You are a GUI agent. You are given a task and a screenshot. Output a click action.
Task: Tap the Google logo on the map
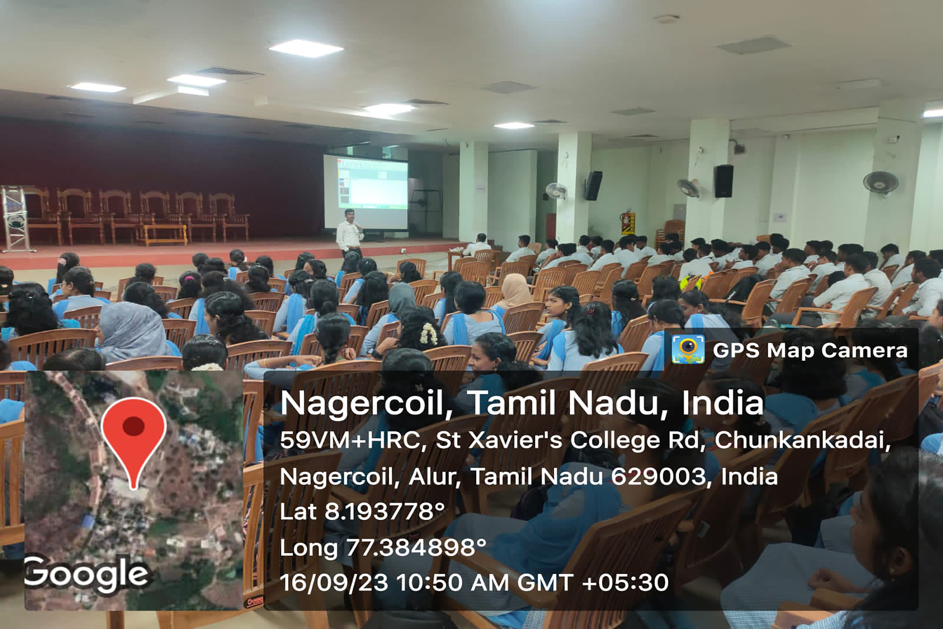coord(87,574)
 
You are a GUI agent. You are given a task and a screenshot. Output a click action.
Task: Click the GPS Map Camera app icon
coord(688,350)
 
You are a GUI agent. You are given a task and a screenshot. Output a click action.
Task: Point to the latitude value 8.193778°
coord(384,511)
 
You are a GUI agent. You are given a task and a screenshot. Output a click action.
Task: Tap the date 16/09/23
coord(334,583)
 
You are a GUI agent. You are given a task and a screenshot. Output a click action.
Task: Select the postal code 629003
coord(658,476)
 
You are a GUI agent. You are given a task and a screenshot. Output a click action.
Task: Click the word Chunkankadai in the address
coord(802,440)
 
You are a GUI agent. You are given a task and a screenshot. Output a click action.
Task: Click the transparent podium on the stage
coord(15,219)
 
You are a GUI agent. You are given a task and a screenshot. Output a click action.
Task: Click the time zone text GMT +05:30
coord(593,583)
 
